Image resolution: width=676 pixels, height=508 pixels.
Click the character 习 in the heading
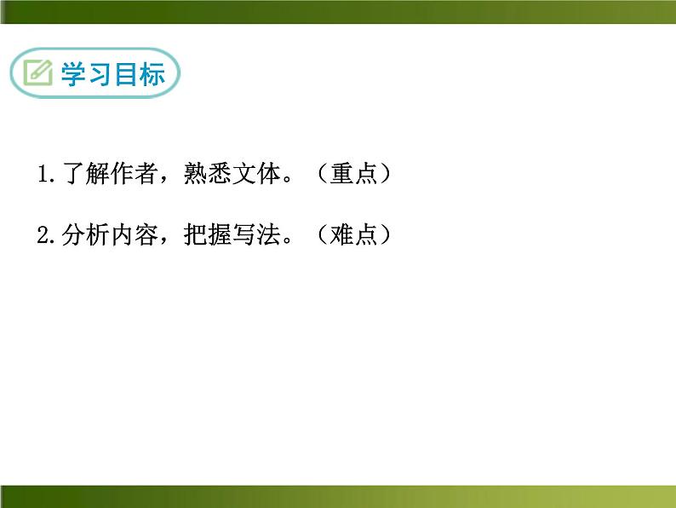click(x=99, y=74)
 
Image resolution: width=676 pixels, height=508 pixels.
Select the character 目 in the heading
click(x=125, y=74)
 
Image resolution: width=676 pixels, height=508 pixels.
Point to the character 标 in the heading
click(x=152, y=74)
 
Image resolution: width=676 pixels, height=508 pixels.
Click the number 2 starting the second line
click(x=43, y=235)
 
